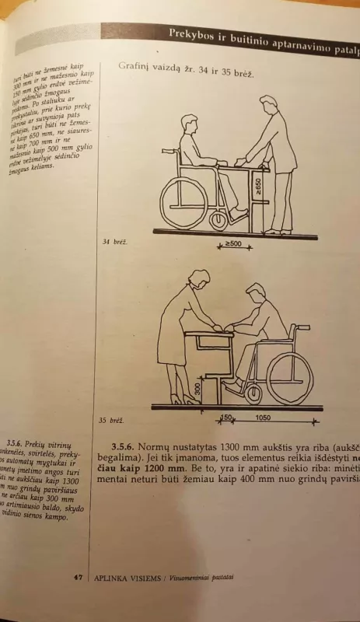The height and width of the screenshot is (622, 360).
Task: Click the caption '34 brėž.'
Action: point(114,242)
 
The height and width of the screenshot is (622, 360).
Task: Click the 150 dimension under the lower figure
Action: point(225,418)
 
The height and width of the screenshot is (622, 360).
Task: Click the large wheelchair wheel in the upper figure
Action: point(183,201)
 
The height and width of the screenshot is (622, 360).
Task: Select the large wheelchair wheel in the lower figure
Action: point(289,378)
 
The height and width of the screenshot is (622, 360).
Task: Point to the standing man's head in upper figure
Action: point(268,106)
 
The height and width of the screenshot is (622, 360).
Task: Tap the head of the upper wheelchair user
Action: point(190,125)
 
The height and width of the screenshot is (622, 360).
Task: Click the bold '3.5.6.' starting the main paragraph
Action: point(124,449)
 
